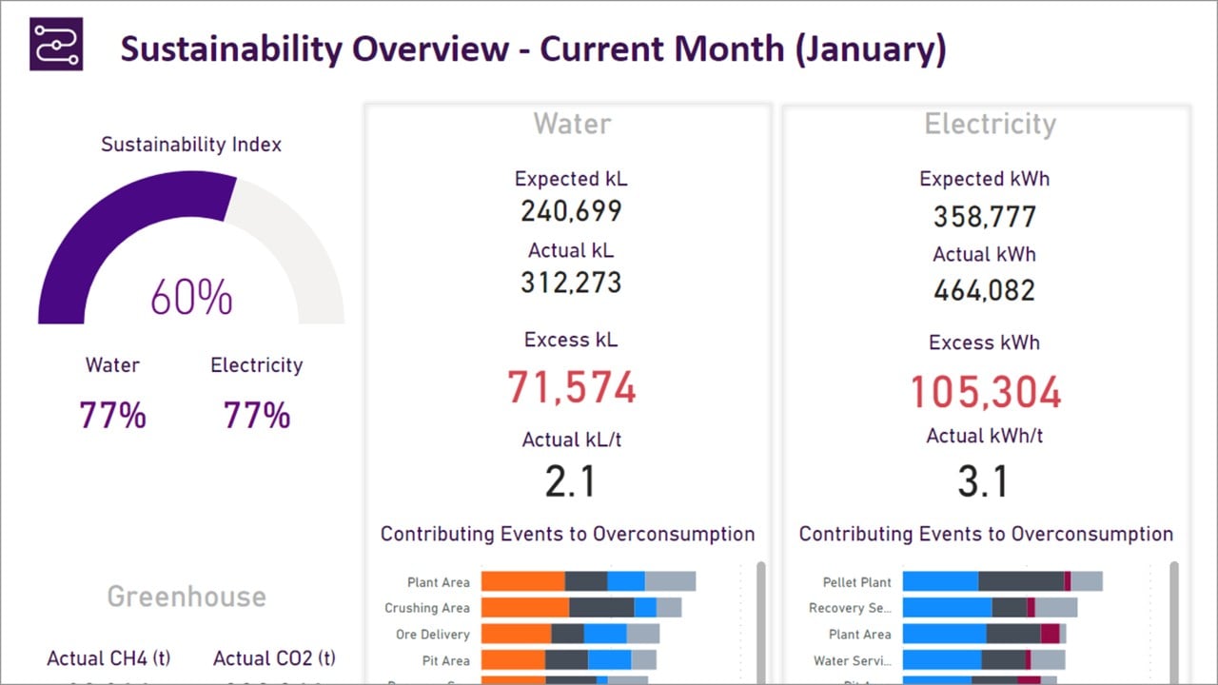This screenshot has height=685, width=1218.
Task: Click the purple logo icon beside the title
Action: coord(56,44)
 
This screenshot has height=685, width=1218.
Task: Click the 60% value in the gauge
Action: coord(191,297)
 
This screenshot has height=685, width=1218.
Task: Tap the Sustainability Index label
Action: coord(191,145)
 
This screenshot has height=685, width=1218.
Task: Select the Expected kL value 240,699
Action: coord(571,210)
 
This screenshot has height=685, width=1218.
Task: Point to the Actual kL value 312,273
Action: coord(571,283)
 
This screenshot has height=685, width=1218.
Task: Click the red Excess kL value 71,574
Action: coord(571,387)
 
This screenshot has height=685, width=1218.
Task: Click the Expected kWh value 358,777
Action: coord(984,216)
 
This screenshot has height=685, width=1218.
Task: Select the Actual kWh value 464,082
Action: coord(984,290)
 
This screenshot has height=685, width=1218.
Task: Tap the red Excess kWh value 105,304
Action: coord(985,391)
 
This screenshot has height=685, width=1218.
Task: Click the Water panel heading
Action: coord(572,124)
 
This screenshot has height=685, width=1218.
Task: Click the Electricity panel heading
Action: coord(990,124)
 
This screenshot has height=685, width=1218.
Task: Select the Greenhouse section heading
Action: coord(187,597)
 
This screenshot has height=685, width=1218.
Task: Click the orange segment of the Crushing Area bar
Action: coord(524,608)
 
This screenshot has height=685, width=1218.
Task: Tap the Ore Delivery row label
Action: coord(433,635)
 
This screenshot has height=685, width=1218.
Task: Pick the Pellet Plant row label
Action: coord(856,582)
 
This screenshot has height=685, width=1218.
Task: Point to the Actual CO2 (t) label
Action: coord(274,658)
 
